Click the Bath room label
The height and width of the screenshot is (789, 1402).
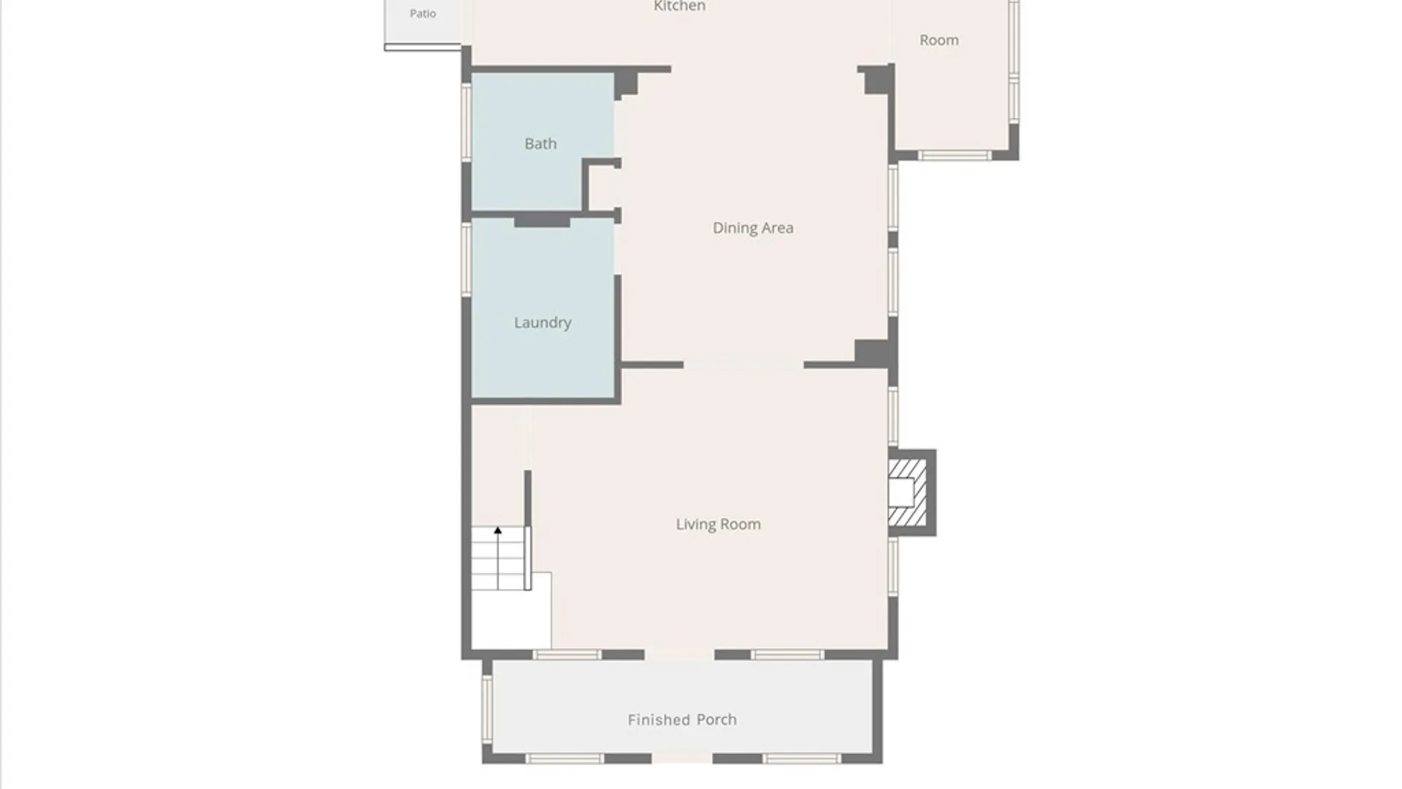(x=540, y=144)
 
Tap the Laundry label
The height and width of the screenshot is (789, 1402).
(x=543, y=323)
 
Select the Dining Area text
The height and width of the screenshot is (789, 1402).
(x=753, y=228)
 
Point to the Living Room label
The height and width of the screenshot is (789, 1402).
(x=718, y=525)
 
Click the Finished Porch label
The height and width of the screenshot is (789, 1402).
(x=682, y=720)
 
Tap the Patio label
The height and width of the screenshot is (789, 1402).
(x=423, y=13)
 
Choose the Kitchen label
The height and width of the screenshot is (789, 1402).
(x=679, y=6)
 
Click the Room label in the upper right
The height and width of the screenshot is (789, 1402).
(x=939, y=40)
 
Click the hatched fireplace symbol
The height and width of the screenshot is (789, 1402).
(x=908, y=492)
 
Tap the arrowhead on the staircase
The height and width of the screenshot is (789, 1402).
(x=498, y=530)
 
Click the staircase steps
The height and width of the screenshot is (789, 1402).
(x=499, y=558)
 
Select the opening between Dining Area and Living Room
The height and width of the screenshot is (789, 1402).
(x=743, y=365)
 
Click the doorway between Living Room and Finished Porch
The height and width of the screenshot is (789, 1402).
(x=679, y=655)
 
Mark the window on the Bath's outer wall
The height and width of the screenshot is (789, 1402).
(x=467, y=122)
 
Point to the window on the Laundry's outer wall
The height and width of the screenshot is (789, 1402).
(x=467, y=259)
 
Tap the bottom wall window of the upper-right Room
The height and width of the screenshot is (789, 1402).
(x=954, y=155)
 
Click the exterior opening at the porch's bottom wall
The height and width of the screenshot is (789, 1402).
(x=681, y=759)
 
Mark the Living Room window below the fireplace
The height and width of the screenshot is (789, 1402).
(x=893, y=566)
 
